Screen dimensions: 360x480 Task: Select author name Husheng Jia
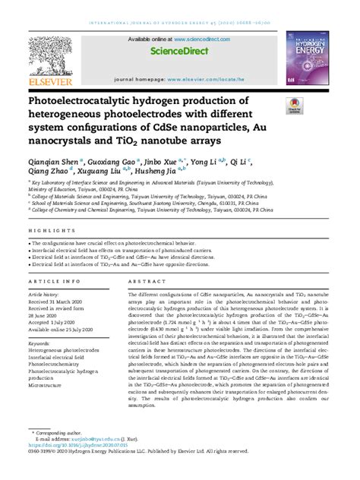click(156, 172)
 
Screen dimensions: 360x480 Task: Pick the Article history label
click(47, 292)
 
